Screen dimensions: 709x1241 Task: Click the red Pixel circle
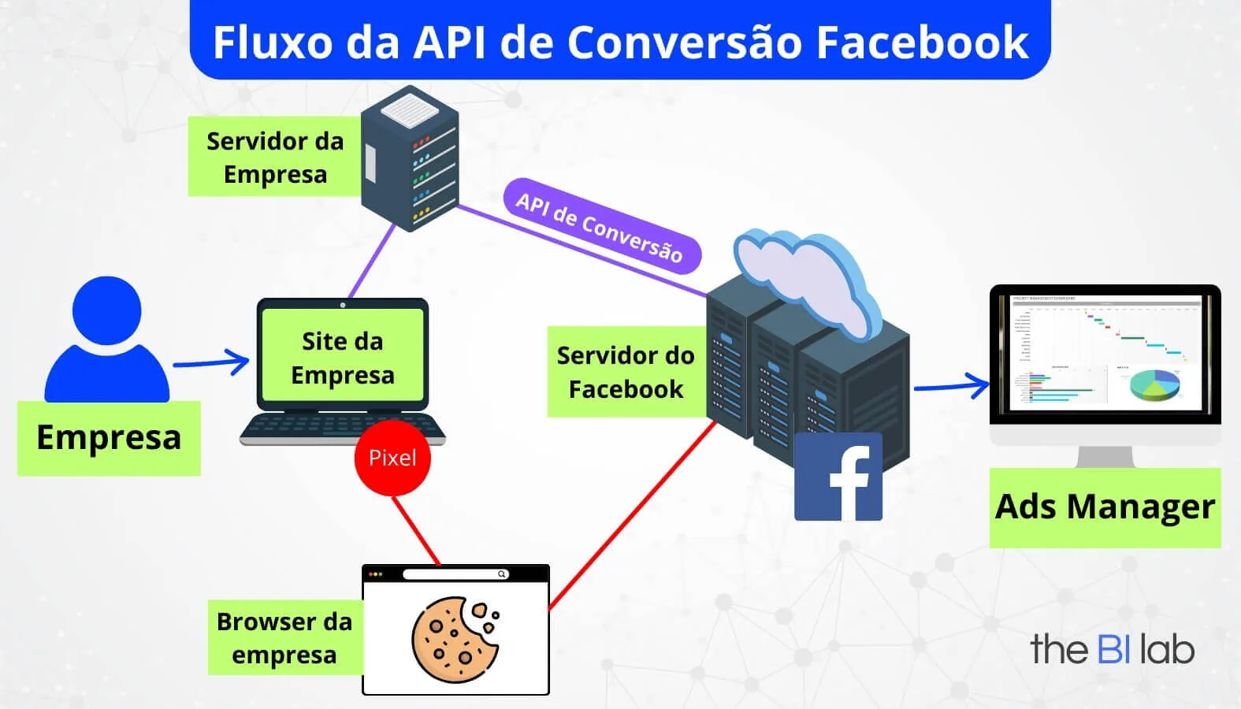coord(392,458)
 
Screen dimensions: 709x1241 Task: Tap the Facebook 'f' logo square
coord(838,477)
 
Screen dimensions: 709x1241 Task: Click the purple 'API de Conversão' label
coord(600,227)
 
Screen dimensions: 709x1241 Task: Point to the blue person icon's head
coord(106,310)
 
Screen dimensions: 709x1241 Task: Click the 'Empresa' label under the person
coord(109,438)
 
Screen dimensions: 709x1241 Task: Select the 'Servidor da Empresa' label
coord(274,158)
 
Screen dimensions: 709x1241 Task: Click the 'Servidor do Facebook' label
coord(626,372)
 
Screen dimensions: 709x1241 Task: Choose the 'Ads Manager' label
coord(1105,507)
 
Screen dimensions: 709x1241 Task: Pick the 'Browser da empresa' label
coord(284,638)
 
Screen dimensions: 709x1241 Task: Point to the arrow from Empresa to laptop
coord(211,362)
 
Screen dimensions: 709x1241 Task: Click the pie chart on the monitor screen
coord(1154,385)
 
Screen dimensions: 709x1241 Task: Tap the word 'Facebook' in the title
coord(922,42)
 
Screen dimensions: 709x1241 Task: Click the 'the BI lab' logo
coord(1112,649)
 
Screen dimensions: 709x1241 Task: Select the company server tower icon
coord(410,158)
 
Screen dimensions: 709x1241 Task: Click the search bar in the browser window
coord(455,574)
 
